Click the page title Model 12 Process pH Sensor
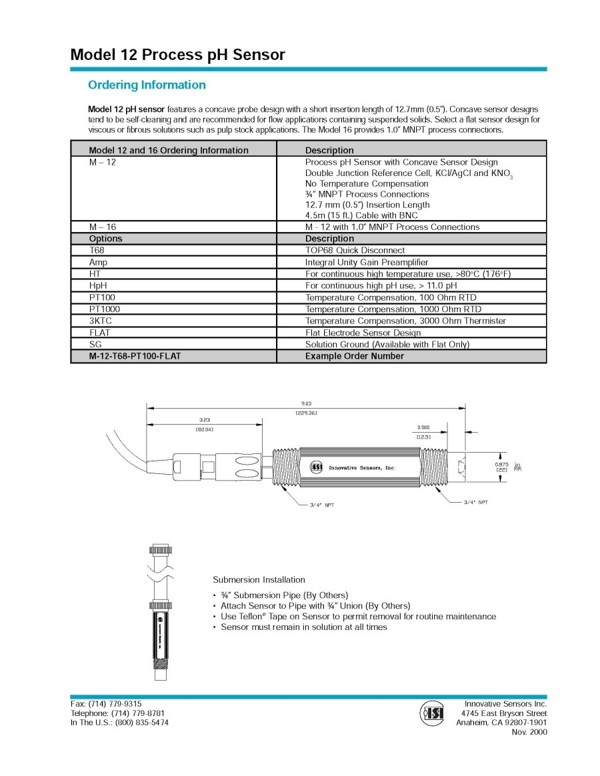[x=177, y=55]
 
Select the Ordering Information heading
[x=147, y=85]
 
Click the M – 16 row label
[x=102, y=227]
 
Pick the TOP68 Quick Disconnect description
[x=355, y=250]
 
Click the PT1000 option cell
[x=105, y=309]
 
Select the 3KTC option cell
[x=101, y=321]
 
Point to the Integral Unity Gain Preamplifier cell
[x=367, y=262]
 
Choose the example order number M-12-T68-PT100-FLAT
[x=135, y=356]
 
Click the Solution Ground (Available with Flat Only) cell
[x=387, y=344]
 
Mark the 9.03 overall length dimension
[x=306, y=403]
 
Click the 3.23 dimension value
[x=204, y=420]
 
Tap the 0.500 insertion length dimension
[x=423, y=427]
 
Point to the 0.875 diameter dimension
[x=501, y=464]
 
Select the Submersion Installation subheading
[x=259, y=579]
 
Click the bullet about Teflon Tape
[x=358, y=616]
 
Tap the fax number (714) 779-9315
[x=106, y=703]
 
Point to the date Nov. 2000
[x=529, y=731]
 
